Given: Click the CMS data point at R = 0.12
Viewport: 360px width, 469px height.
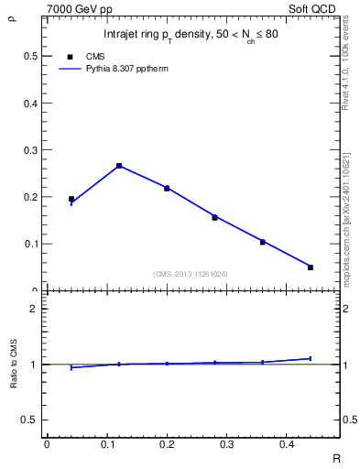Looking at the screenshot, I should pyautogui.click(x=119, y=166).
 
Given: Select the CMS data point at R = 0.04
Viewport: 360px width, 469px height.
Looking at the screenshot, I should pyautogui.click(x=71, y=199).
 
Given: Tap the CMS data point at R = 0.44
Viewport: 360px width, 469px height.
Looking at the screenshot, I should pyautogui.click(x=311, y=267).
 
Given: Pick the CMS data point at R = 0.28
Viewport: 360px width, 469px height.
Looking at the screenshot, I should pyautogui.click(x=214, y=217).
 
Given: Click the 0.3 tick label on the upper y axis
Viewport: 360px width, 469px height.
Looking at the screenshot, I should pyautogui.click(x=31, y=150).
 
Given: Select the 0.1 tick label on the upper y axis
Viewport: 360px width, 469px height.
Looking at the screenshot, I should pyautogui.click(x=31, y=245).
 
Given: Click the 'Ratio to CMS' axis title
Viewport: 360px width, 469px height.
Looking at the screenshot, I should pyautogui.click(x=13, y=365).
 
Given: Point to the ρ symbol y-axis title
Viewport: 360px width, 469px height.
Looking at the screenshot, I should pyautogui.click(x=12, y=16).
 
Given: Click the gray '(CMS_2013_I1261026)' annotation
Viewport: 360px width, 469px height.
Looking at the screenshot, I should pyautogui.click(x=191, y=274).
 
